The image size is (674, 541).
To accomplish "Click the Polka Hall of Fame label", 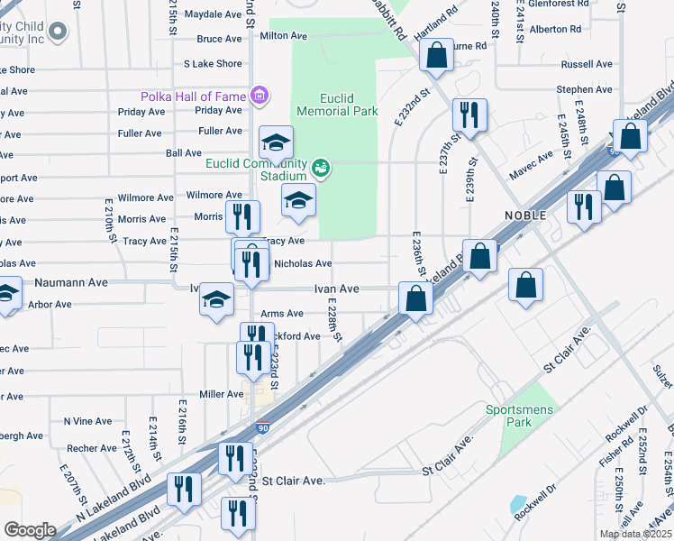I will coord(193,96).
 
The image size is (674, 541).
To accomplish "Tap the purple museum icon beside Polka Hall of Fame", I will coord(260,95).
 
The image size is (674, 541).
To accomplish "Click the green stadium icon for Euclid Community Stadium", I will coord(320,168).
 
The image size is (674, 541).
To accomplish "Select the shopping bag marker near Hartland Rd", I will coord(436,56).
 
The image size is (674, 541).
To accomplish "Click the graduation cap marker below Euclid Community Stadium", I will coord(298,202).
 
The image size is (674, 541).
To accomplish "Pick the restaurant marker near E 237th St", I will coord(469,115).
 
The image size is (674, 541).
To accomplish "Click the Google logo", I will coord(30,529).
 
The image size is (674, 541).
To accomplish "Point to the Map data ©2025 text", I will coord(635,534).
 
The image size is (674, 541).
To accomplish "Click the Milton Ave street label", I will coord(284,36).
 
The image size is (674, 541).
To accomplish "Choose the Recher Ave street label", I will coord(91,448).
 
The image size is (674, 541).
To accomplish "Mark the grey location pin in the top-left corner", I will coord(59,33).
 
